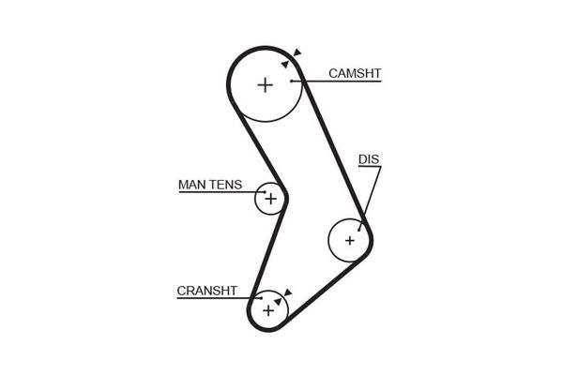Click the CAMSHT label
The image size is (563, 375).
coord(355,72)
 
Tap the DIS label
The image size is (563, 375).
coord(369,159)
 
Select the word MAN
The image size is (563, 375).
coord(190,185)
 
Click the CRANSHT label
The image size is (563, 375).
coord(206,291)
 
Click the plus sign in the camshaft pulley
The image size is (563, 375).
coord(265,84)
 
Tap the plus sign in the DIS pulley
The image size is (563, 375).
coord(350,240)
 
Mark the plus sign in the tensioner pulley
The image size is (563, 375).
coord(270,199)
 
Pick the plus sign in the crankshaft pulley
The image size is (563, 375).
coord(269,309)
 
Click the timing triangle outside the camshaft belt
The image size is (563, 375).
coord(297,52)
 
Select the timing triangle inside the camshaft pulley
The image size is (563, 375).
coord(285,64)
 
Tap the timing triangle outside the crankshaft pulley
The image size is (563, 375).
coord(288,291)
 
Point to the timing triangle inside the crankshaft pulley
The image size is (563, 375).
coord(278,301)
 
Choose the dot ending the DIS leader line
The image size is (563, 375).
coord(359,225)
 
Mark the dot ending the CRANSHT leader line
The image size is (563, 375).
coord(260,299)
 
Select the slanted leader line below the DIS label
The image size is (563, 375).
coord(370,195)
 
